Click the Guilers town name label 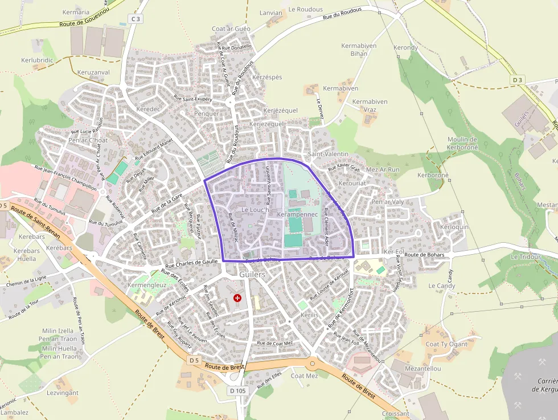pos(253,274)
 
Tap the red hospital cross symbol pos(237,297)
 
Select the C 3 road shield pos(135,19)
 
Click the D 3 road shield pos(517,80)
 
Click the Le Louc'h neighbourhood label pos(255,210)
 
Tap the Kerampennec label pos(297,214)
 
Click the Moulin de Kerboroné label pos(462,143)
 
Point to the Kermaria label pos(76,12)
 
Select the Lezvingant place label pos(63,393)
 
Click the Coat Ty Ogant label pos(446,344)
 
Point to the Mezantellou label pos(422,369)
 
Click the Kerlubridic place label pos(37,60)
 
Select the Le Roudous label pos(306,9)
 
